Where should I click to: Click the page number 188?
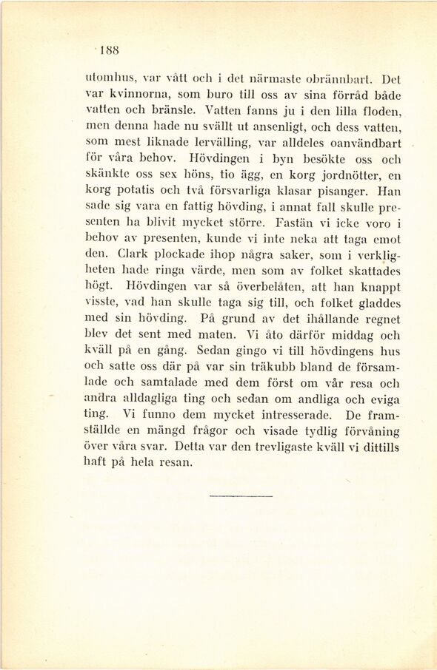pyautogui.click(x=110, y=51)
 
